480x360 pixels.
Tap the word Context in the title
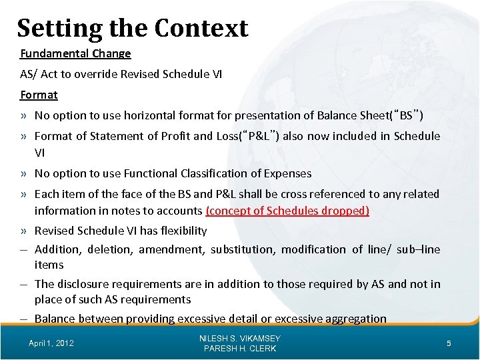pos(201,28)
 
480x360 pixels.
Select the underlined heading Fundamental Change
pos(75,53)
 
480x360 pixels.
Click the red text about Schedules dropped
pos(287,211)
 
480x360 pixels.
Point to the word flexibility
pos(180,231)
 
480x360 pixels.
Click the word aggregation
pos(355,319)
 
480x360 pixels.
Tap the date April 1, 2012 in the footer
pos(51,343)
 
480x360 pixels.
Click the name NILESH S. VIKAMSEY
pos(240,339)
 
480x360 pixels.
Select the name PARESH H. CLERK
pos(240,349)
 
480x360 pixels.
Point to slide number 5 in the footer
pos(449,343)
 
